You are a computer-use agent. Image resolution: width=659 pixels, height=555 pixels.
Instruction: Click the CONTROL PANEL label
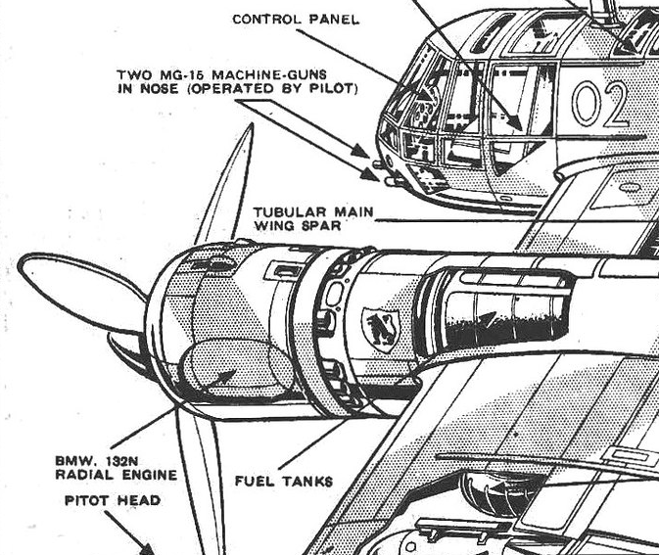coord(296,19)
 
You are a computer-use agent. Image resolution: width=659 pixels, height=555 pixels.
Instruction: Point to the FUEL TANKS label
coord(283,481)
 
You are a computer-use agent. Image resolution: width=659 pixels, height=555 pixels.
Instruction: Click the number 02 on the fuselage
coord(599,105)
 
